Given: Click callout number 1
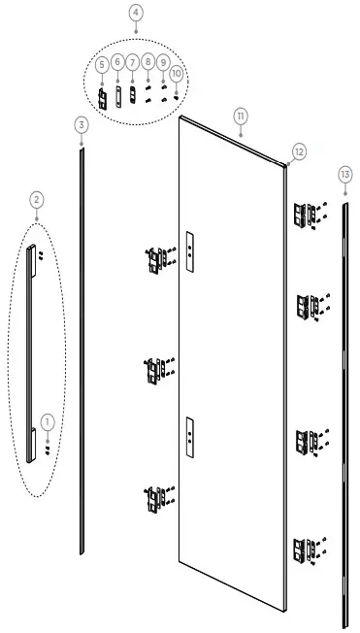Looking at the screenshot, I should point(49,421).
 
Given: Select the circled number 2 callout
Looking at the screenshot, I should point(36,199).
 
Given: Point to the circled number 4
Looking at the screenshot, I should point(136,14).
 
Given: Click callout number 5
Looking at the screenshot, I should point(101,63).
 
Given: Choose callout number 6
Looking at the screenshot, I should point(117,61).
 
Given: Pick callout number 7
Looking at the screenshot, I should point(133,61).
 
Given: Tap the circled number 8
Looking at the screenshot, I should point(147,61).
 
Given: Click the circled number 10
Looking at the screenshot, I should point(176,74).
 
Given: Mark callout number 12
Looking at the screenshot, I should point(299,151).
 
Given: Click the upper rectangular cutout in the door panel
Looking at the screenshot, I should point(191,247).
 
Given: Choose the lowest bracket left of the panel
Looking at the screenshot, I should point(155,500).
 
